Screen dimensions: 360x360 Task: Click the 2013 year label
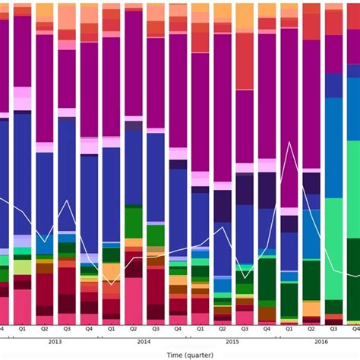55,342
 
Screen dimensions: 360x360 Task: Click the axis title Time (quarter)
180,355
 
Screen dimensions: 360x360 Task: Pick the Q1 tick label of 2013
22,330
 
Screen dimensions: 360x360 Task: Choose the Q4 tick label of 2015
267,330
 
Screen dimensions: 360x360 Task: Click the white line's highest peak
289,142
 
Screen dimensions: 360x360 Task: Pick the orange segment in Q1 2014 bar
111,272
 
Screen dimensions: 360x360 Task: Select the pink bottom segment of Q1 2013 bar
22,307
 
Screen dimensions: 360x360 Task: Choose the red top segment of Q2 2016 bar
311,23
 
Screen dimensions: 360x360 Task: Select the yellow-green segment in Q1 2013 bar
22,267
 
